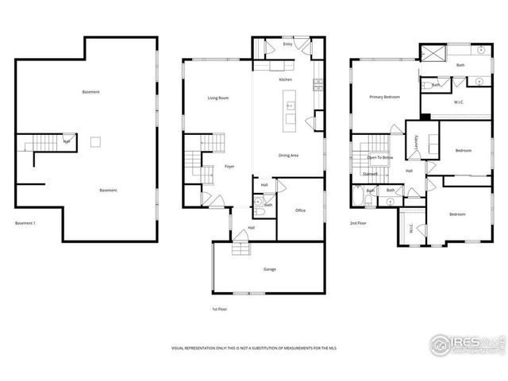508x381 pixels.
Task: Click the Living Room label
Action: [218, 98]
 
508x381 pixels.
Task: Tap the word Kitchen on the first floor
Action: [286, 80]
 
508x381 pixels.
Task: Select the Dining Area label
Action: [288, 156]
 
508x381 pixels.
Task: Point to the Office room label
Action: [300, 210]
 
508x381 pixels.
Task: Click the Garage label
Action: [270, 270]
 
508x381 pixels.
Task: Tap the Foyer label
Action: [229, 167]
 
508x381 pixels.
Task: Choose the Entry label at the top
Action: [287, 45]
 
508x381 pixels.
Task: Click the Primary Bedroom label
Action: [384, 97]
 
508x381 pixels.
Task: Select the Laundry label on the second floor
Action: [416, 142]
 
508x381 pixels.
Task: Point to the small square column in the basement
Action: [95, 141]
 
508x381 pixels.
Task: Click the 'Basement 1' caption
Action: [26, 224]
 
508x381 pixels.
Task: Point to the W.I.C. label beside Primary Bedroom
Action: [459, 102]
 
